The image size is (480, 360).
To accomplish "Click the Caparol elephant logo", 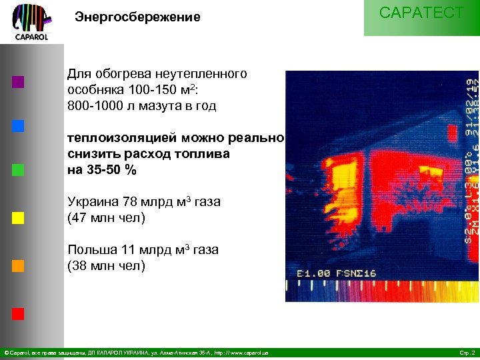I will pyautogui.click(x=31, y=21).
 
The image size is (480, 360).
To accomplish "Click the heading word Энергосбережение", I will pyautogui.click(x=137, y=17).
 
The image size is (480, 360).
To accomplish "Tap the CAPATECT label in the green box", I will pyautogui.click(x=421, y=13).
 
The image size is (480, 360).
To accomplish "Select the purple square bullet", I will pyautogui.click(x=18, y=83).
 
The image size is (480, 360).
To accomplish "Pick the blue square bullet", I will pyautogui.click(x=18, y=125).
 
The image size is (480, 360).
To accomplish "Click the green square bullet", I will pyautogui.click(x=18, y=169).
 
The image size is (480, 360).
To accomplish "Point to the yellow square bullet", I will pyautogui.click(x=18, y=217).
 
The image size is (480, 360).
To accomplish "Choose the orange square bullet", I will pyautogui.click(x=18, y=265).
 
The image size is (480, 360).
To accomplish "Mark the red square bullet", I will pyautogui.click(x=18, y=313).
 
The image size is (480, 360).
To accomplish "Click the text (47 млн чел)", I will pyautogui.click(x=107, y=217).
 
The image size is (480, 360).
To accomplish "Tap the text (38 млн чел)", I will pyautogui.click(x=107, y=266).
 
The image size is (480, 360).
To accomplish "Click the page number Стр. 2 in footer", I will pyautogui.click(x=467, y=352).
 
